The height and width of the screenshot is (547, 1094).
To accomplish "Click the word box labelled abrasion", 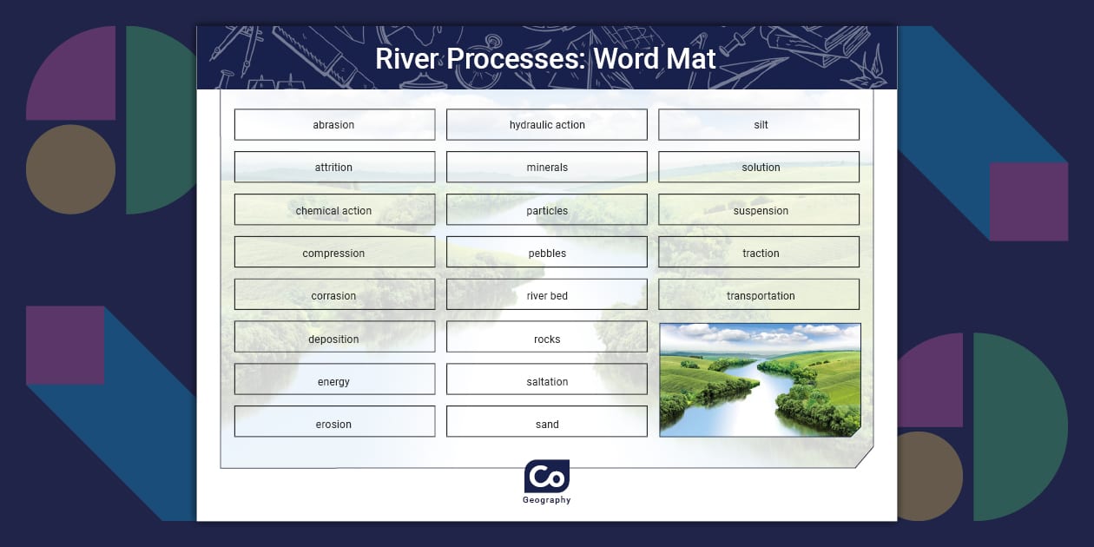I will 334,125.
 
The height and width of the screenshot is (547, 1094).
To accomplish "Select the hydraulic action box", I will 547,125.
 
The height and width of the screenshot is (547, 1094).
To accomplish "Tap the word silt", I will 761,125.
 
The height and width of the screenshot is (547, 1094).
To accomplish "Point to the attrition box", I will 334,168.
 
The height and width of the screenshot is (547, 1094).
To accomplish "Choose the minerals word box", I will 547,168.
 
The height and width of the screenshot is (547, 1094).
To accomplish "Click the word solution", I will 761,168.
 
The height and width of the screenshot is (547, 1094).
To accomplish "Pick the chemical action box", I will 334,210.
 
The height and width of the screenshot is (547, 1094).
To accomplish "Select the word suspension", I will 761,210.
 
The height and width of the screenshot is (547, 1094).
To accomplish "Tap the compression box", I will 334,253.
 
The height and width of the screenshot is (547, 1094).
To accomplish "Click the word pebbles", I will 547,253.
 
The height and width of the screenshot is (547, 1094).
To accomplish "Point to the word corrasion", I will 334,295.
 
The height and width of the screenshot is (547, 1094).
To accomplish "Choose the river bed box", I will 547,295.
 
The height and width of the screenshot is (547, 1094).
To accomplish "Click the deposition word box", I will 334,339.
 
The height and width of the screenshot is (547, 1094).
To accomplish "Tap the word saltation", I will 547,381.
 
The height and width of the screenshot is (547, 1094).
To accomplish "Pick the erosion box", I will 334,424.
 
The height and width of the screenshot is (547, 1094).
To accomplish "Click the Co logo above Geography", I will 547,477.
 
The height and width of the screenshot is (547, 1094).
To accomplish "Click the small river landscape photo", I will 760,379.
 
